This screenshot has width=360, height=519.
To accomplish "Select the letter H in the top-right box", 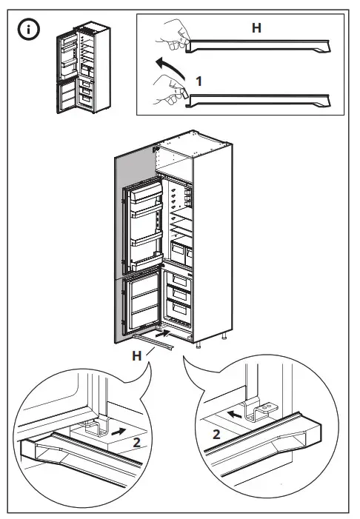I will pyautogui.click(x=256, y=28).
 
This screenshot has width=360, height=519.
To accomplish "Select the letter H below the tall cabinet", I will pyautogui.click(x=136, y=356).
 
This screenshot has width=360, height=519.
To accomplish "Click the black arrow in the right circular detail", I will pyautogui.click(x=236, y=416).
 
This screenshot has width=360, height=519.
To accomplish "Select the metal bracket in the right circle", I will pyautogui.click(x=260, y=409).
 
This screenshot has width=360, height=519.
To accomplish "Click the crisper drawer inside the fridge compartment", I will pyautogui.click(x=181, y=250).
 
